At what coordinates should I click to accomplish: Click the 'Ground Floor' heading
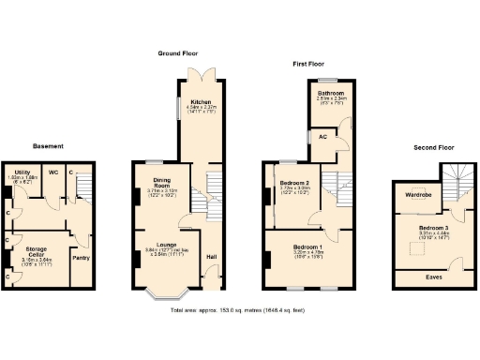click(x=176, y=53)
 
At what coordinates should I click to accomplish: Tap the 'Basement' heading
click(x=48, y=146)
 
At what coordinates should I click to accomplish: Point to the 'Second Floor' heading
click(x=433, y=148)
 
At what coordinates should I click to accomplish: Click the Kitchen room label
click(x=201, y=101)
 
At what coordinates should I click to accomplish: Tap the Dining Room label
click(x=154, y=183)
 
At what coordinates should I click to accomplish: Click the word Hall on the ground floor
click(x=211, y=257)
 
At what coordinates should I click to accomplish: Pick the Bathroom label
click(x=330, y=94)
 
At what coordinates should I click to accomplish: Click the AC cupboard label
click(x=323, y=137)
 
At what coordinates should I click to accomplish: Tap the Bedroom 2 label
click(x=294, y=183)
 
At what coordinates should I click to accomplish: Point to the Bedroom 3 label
click(x=433, y=229)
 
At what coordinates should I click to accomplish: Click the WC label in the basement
click(x=53, y=172)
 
